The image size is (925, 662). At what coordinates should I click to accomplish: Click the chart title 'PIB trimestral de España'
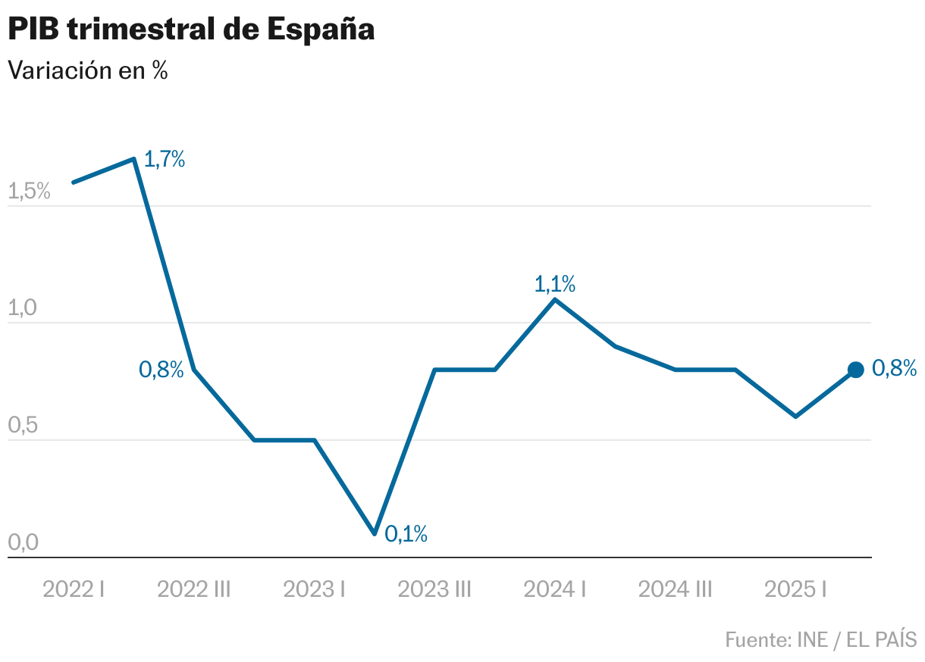[191, 30]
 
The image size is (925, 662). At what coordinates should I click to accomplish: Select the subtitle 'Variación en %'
[87, 70]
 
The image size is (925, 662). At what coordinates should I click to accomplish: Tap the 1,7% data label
[165, 160]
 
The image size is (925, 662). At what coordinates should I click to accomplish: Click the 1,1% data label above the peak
[555, 285]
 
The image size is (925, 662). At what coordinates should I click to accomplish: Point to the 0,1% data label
[406, 534]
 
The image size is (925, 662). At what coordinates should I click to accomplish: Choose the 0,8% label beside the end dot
[895, 369]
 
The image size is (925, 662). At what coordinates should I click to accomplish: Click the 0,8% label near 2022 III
[161, 370]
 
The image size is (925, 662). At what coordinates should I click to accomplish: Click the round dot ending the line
[855, 370]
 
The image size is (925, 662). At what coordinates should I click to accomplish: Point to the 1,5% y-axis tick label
[29, 192]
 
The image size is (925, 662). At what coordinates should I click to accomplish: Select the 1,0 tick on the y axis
[23, 309]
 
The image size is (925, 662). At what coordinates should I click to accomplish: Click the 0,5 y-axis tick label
[23, 426]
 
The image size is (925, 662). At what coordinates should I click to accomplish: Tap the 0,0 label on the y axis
[23, 543]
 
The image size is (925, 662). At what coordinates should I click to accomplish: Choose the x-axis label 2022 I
[74, 589]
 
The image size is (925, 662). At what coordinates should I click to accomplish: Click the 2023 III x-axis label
[434, 589]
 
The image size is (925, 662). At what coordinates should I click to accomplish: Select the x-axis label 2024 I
[555, 589]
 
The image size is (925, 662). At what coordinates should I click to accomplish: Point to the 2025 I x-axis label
[795, 589]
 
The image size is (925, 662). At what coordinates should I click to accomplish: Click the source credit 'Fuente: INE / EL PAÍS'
[820, 639]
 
